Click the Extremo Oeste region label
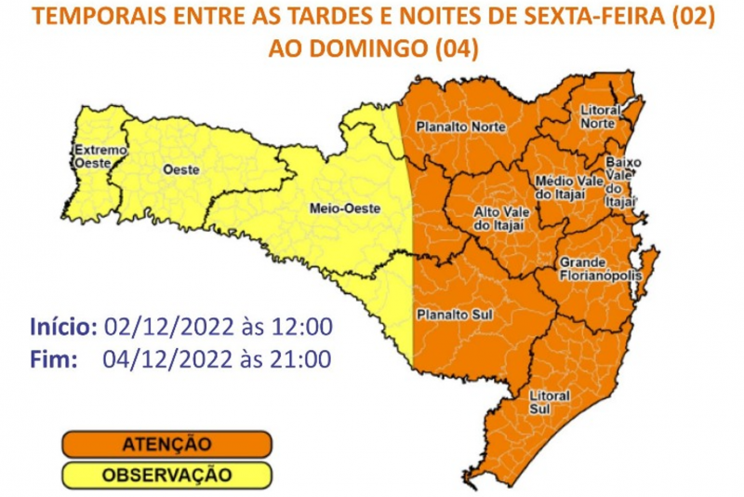[x=94, y=155]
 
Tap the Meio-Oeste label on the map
[x=343, y=209]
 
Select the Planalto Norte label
[x=461, y=126]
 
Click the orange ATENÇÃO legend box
[x=167, y=444]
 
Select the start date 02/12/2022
[x=159, y=327]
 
